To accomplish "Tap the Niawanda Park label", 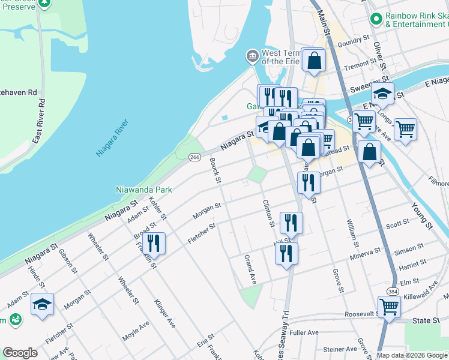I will (x=144, y=190).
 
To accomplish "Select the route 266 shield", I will (x=194, y=157).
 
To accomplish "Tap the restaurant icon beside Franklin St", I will (x=154, y=243).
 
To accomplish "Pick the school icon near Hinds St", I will (x=42, y=305).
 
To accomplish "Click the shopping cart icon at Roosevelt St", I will (x=390, y=307).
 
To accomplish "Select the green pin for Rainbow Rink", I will (x=376, y=19).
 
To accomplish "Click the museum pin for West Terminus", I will (x=252, y=57).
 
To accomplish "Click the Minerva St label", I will (x=365, y=253).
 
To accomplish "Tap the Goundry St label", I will (x=353, y=41).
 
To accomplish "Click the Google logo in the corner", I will (x=20, y=353).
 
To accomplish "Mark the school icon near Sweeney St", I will (x=382, y=94).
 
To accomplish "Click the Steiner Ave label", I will (x=339, y=349).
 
